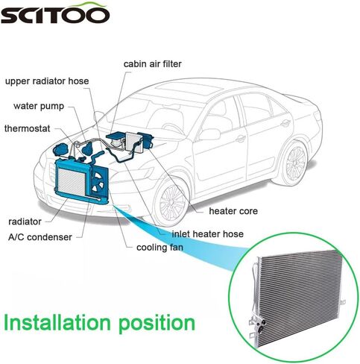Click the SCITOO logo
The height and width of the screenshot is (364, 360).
54,13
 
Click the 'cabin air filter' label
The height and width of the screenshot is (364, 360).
153,64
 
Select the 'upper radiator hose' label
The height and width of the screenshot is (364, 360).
47,81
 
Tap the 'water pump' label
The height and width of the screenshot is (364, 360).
39,106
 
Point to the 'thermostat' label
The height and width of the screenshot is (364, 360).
28,128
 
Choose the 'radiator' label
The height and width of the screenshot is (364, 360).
25,222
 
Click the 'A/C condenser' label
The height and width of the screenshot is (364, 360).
40,237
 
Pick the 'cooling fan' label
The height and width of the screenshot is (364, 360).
160,248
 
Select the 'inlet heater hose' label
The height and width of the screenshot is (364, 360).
207,234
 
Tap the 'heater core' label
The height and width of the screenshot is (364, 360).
233,211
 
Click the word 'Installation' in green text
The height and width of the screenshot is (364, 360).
57,322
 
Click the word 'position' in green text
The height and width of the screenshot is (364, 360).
157,324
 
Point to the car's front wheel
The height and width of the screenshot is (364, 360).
171,199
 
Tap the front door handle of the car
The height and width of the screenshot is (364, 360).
240,138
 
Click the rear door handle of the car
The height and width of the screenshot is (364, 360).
285,123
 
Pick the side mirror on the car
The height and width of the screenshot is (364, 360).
209,134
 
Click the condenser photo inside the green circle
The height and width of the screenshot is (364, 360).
298,297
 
